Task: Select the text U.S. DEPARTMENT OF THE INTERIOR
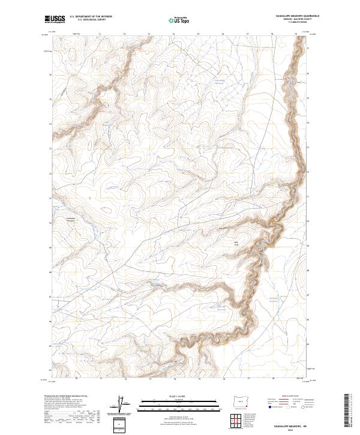pos(91,17)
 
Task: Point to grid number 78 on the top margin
pos(272,35)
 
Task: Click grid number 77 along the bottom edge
pos(248,379)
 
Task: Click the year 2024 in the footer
pos(284,430)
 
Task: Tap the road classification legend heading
pos(284,397)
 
